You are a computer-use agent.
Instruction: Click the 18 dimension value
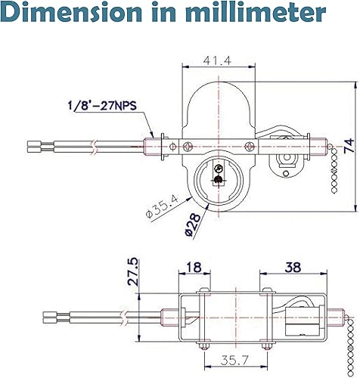coord(195,268)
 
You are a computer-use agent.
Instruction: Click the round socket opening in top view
coord(218,176)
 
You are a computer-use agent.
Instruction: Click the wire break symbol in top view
coord(92,143)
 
